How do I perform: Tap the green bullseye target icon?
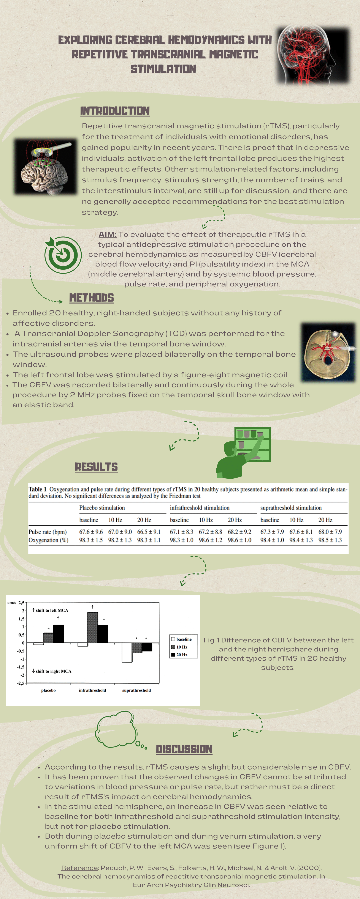tap(63, 255)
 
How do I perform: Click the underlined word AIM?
tap(107, 235)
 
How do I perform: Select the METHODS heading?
tap(92, 298)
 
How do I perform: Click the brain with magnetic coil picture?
tap(45, 167)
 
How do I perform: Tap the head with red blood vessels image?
tap(312, 55)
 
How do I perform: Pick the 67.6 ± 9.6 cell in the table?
tap(91, 532)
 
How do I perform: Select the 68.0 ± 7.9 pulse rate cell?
tap(330, 532)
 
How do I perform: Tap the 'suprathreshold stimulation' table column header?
tap(291, 508)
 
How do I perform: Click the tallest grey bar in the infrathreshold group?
tap(92, 627)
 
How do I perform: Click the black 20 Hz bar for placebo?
tap(58, 634)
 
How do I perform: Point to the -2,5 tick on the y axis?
tap(21, 683)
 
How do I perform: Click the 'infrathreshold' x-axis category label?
tap(92, 690)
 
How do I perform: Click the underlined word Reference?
tap(79, 868)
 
